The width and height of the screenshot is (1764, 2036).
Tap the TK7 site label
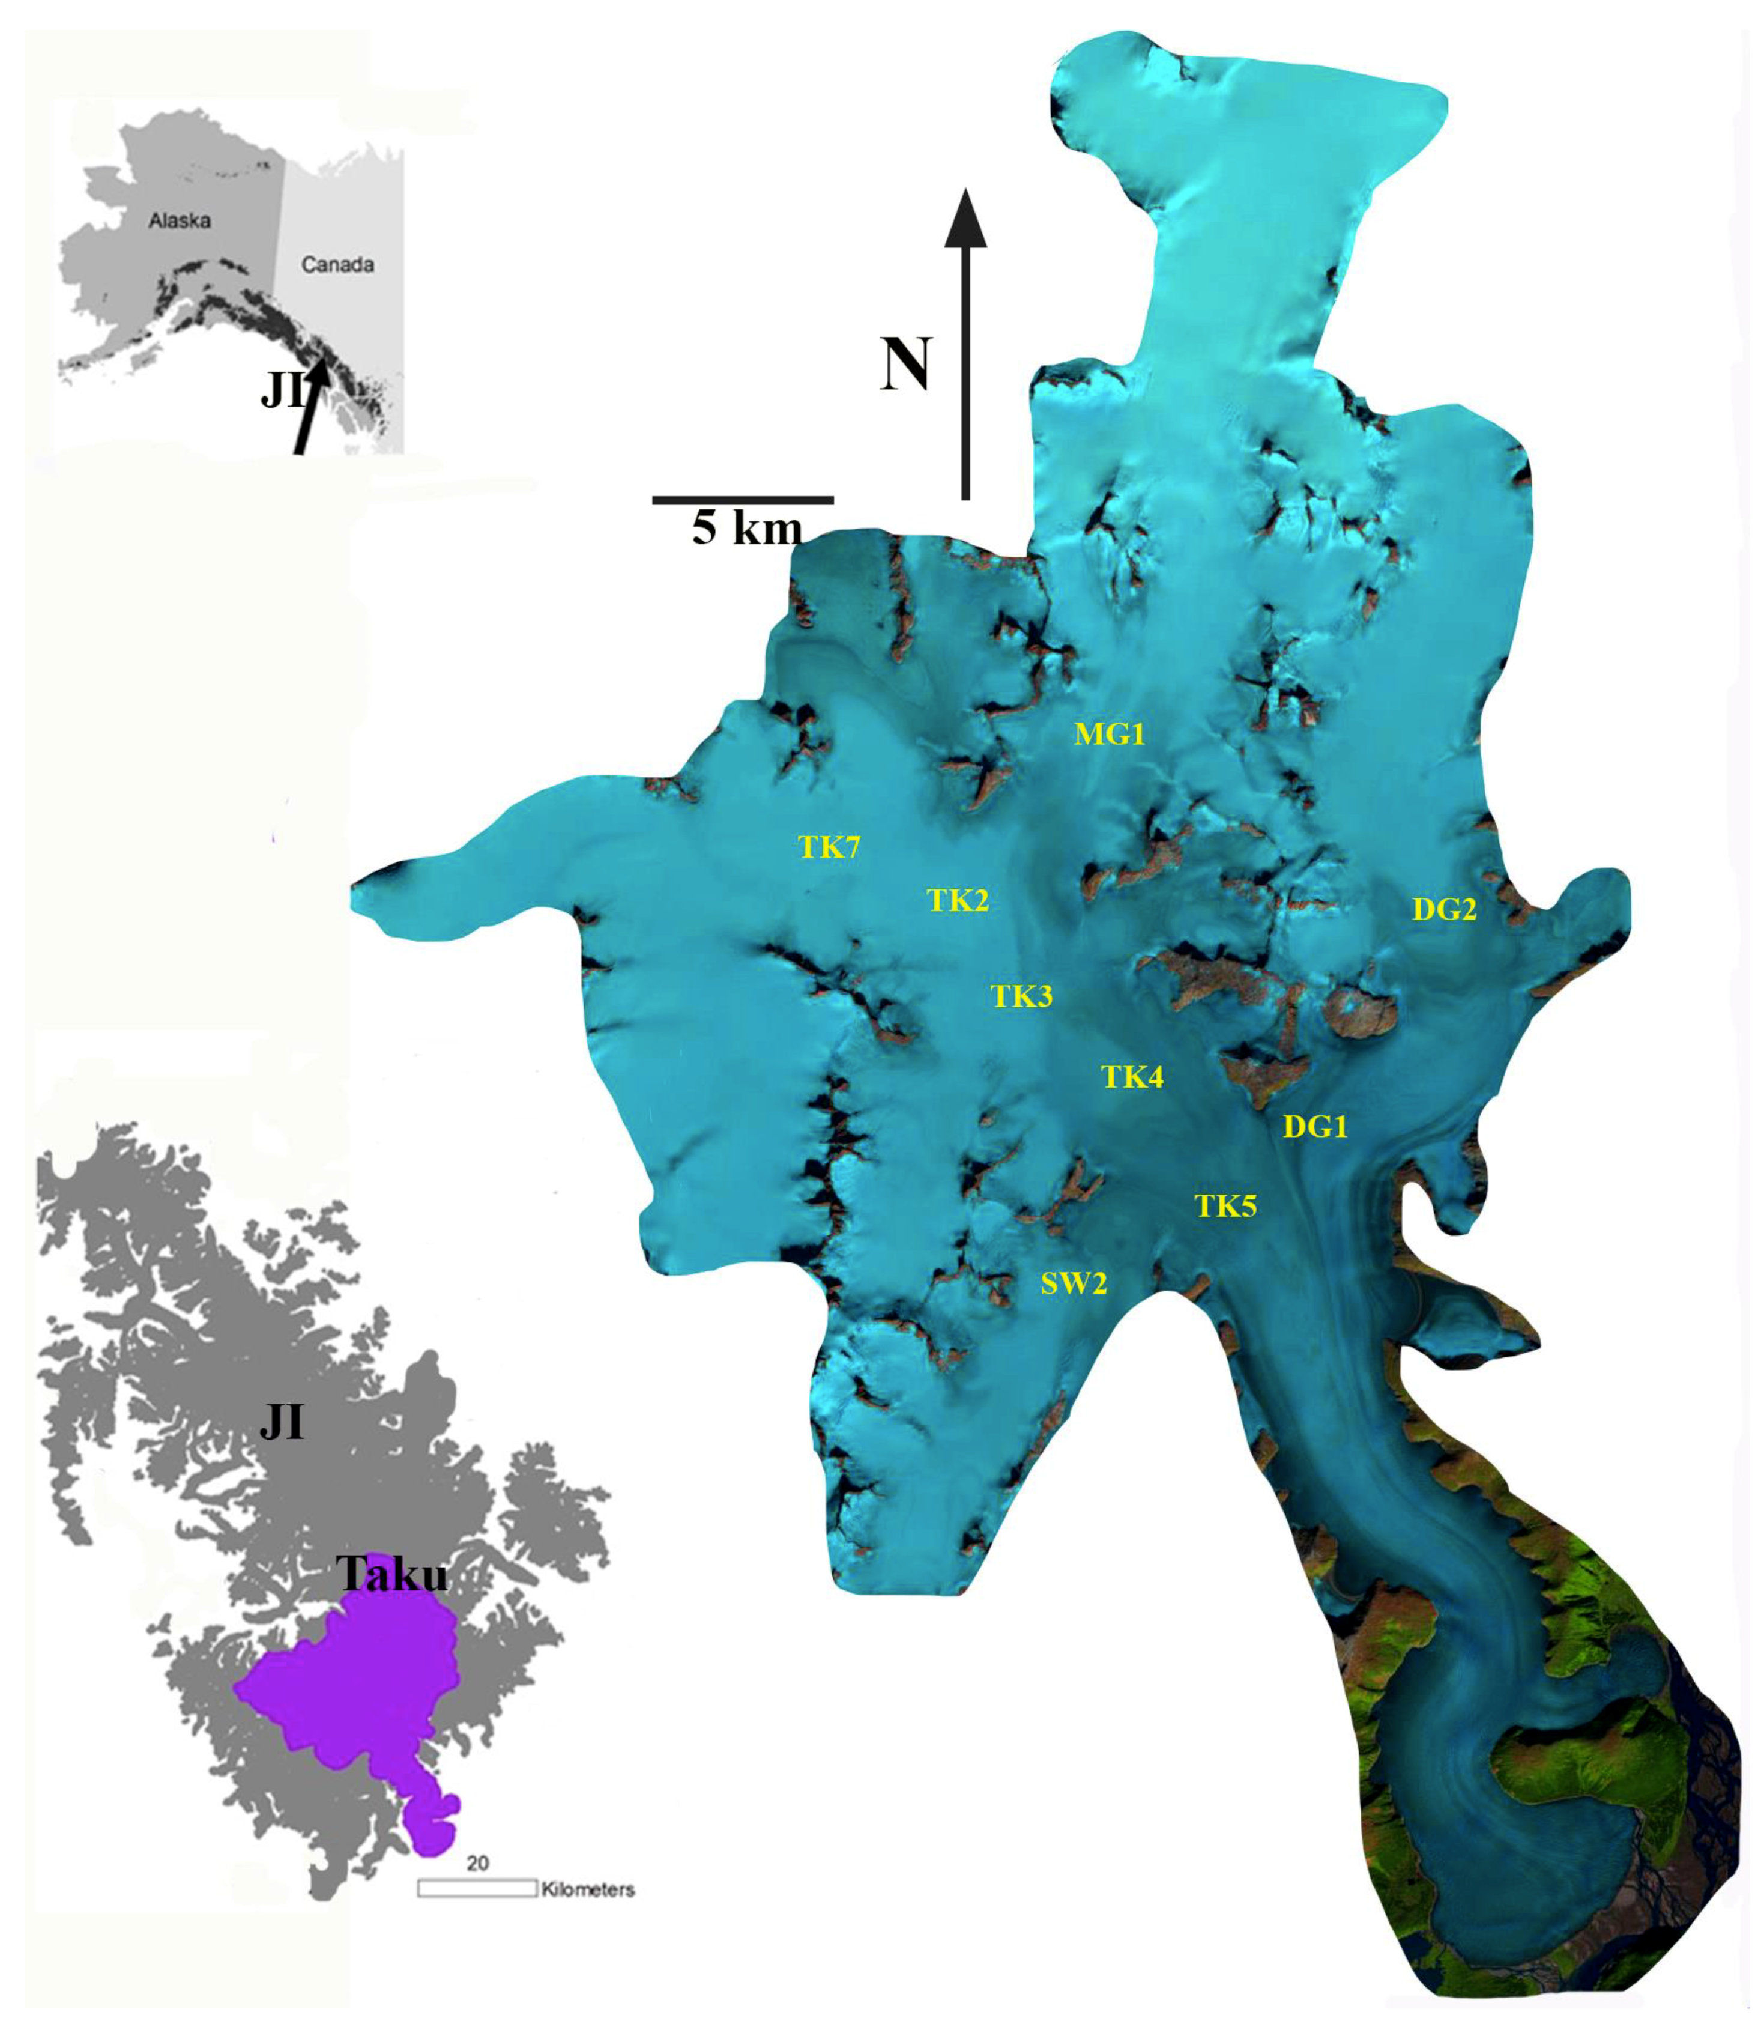click(x=829, y=847)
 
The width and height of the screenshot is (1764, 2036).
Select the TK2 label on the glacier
click(x=958, y=900)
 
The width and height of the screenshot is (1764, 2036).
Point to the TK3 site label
click(x=1022, y=996)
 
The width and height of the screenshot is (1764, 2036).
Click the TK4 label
click(x=1132, y=1077)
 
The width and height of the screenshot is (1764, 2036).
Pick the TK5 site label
click(x=1225, y=1206)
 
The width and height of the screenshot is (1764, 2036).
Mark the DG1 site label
click(x=1315, y=1126)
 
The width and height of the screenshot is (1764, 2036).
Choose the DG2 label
click(x=1444, y=910)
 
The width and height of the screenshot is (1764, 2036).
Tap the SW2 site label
click(x=1074, y=1284)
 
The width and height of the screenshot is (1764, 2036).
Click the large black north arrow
click(x=965, y=345)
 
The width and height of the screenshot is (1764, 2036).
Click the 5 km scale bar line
click(x=743, y=500)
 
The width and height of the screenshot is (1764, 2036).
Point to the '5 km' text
click(x=747, y=530)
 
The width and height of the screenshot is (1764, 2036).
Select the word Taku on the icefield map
click(x=392, y=1575)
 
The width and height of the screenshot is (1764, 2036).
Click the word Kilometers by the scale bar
click(x=588, y=1889)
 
